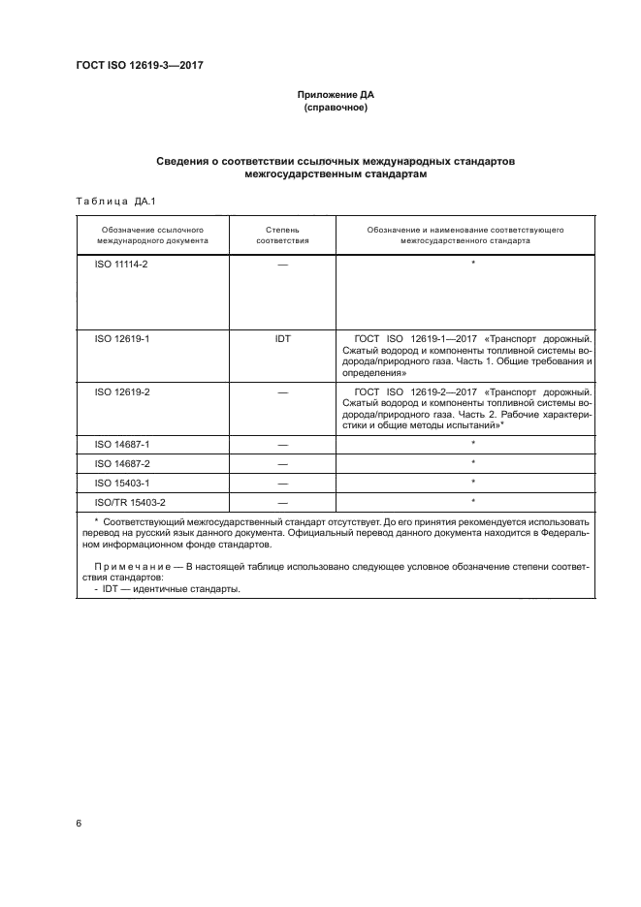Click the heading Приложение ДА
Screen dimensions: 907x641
tap(336, 94)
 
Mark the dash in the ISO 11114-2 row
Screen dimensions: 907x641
tap(282, 264)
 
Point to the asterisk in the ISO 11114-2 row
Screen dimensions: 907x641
tap(472, 263)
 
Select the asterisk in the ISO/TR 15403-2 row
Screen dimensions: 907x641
tap(472, 500)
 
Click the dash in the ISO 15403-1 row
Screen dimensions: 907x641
tap(282, 482)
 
